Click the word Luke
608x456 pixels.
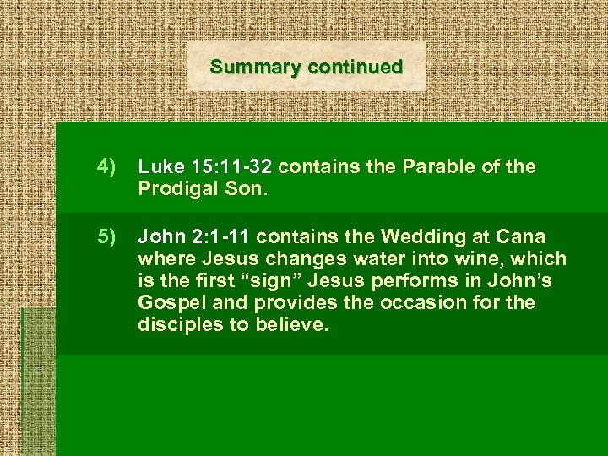coord(158,166)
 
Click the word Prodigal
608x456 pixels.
coord(177,190)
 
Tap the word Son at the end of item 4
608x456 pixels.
coord(246,190)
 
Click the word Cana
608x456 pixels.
coord(521,235)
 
